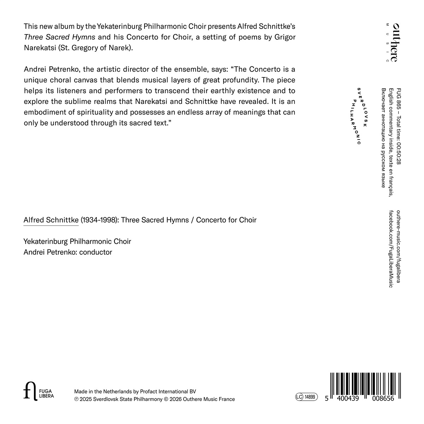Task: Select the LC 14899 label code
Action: tap(307, 397)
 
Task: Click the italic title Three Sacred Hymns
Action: tap(59, 37)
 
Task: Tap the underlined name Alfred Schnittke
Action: tap(51, 220)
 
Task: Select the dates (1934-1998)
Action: tap(100, 220)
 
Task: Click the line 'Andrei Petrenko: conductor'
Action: tap(68, 252)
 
